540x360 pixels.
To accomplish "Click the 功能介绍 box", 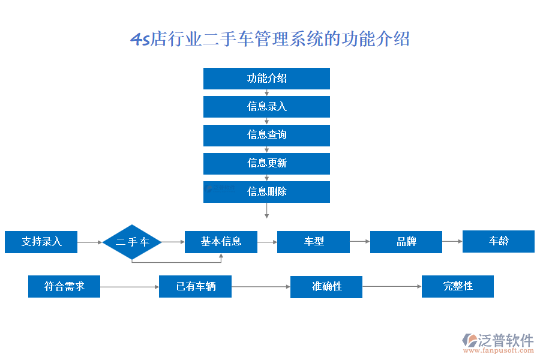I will (x=266, y=79).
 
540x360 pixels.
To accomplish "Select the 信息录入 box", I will (x=266, y=107).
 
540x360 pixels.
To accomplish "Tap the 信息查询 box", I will (x=266, y=135).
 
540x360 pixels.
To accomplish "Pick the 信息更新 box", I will (x=266, y=163).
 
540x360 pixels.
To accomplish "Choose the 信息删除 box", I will (x=266, y=192).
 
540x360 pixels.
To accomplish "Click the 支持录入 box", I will (x=41, y=242).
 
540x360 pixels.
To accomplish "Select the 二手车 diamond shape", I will (x=133, y=242).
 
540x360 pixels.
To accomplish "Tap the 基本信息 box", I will (x=221, y=242).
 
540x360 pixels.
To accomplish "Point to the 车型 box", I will (x=313, y=242).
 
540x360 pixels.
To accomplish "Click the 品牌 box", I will (x=406, y=242).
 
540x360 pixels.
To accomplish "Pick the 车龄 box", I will (x=498, y=241).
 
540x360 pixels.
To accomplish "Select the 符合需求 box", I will (x=64, y=286).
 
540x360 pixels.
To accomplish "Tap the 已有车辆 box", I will (x=195, y=287).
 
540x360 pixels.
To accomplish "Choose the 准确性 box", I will (x=326, y=287).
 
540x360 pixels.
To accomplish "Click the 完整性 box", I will (x=458, y=286).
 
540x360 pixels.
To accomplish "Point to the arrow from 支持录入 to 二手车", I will (x=90, y=242).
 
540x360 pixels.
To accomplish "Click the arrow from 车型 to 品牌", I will (x=359, y=242).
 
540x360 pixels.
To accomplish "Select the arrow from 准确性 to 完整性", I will (x=392, y=287).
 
